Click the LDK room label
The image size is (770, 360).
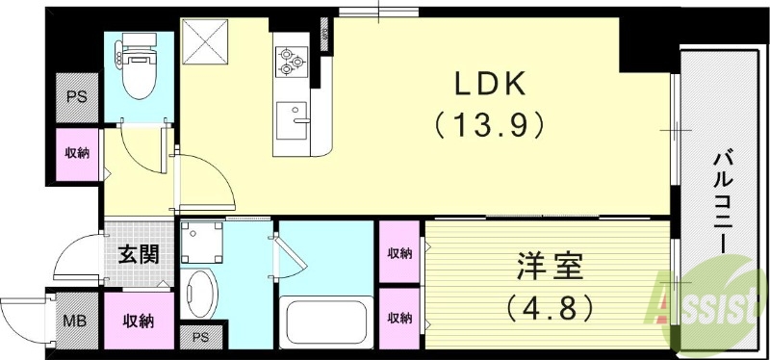pyautogui.click(x=490, y=86)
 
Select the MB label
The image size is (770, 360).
pyautogui.click(x=71, y=321)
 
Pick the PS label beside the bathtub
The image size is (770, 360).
pyautogui.click(x=200, y=337)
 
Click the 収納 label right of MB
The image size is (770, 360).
pyautogui.click(x=137, y=321)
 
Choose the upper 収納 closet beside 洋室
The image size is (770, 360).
pyautogui.click(x=399, y=254)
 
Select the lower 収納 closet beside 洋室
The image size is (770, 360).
pyautogui.click(x=399, y=318)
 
